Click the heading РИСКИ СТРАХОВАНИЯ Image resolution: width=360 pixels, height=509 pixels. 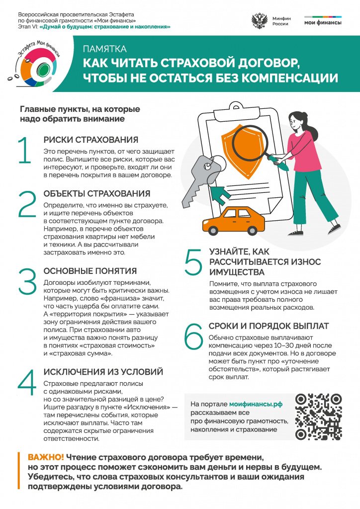point(90,140)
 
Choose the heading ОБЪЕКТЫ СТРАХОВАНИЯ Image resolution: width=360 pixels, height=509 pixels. point(96,193)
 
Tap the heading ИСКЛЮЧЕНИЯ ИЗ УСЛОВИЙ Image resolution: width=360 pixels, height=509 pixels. point(104,372)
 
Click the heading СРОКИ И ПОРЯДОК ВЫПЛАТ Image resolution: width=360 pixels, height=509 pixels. point(269,326)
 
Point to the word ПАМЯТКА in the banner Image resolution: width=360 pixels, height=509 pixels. point(104,49)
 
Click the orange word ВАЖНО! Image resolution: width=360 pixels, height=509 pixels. point(46,457)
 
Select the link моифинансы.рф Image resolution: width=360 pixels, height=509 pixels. point(256,404)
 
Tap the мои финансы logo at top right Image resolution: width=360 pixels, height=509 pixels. point(323,21)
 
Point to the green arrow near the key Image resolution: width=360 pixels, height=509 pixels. point(221,194)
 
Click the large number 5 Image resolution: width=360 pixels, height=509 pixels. point(193,263)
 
